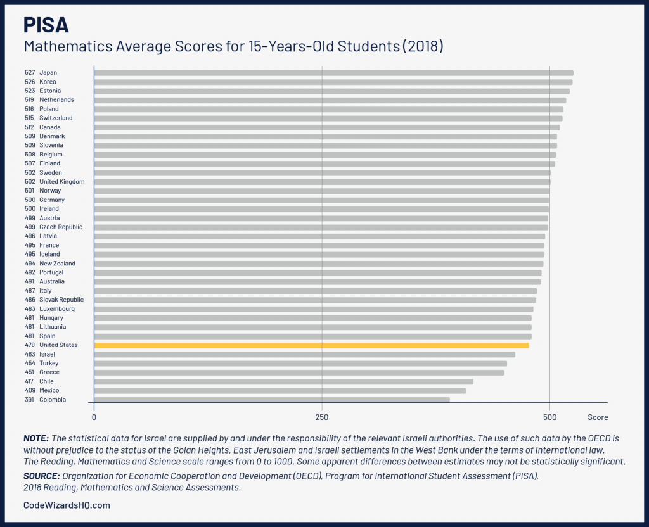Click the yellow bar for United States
(x=311, y=345)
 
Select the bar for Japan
(x=333, y=73)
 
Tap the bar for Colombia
(x=271, y=400)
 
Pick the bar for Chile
(x=283, y=381)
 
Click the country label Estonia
(x=50, y=91)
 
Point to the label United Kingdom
(x=61, y=182)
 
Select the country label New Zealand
(x=57, y=263)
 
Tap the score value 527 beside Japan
(x=30, y=73)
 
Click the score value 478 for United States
(x=30, y=345)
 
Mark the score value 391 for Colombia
(x=30, y=400)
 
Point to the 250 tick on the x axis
(x=322, y=417)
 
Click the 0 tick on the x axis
(x=94, y=417)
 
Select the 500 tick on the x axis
(x=550, y=417)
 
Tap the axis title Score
(x=597, y=417)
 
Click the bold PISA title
(x=46, y=25)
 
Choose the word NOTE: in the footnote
(x=36, y=438)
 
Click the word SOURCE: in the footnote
(x=41, y=476)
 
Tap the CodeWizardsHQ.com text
(x=67, y=505)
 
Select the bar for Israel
(x=304, y=354)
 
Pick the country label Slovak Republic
(x=61, y=300)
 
